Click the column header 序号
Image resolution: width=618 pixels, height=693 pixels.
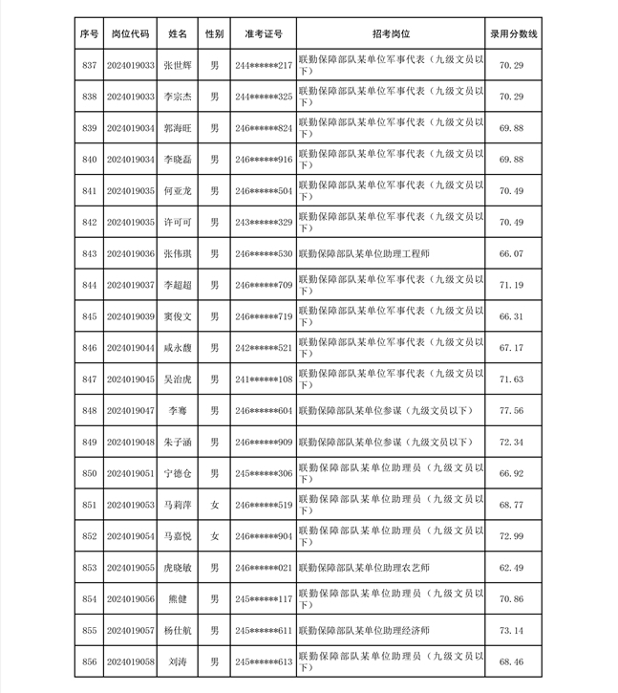[90, 33]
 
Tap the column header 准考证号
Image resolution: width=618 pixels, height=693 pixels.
[264, 33]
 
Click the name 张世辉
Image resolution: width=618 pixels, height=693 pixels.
[178, 65]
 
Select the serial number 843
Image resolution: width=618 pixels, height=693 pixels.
[90, 253]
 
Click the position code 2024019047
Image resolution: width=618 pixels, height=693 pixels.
[130, 411]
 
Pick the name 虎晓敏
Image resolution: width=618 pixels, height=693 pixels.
[178, 568]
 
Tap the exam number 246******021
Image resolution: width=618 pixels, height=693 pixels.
[264, 568]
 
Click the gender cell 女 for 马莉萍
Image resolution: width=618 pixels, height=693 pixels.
[215, 505]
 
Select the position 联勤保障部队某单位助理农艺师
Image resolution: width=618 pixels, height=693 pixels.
[364, 568]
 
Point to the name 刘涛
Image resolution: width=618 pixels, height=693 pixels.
[178, 661]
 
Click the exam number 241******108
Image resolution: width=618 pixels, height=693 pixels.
[264, 379]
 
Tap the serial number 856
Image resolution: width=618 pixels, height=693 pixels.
[90, 661]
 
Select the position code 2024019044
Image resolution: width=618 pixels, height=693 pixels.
[130, 348]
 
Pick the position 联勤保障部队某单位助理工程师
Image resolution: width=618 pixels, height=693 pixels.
[364, 253]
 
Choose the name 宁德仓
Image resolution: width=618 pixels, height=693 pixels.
[178, 473]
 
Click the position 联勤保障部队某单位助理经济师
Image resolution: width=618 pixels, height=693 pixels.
[364, 631]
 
